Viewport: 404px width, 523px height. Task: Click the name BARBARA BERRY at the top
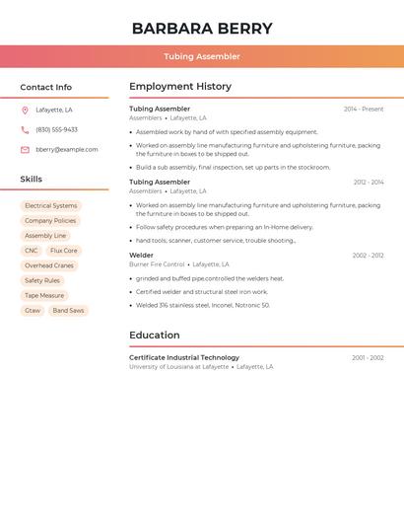201,29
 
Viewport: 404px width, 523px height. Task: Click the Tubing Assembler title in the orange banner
201,56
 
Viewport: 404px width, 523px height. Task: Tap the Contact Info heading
46,87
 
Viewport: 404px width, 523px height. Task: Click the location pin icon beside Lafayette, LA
25,110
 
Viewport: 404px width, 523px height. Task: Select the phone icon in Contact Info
25,129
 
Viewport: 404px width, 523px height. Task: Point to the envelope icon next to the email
25,150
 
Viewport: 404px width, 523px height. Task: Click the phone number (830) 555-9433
56,129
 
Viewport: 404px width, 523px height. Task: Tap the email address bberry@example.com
67,150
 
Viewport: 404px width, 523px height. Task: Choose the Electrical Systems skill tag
50,206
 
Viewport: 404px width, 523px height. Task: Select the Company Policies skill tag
50,221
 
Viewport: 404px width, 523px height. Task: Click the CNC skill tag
32,251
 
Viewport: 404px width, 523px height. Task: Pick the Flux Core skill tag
64,251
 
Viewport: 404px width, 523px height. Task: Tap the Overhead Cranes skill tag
49,265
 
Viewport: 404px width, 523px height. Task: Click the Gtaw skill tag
33,311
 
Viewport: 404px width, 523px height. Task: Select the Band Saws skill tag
68,311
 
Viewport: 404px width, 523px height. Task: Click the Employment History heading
179,87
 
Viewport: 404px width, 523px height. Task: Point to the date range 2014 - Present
364,110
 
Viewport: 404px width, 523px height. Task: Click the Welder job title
141,256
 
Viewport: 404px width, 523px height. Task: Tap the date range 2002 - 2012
369,256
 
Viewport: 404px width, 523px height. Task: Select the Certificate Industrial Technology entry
184,357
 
